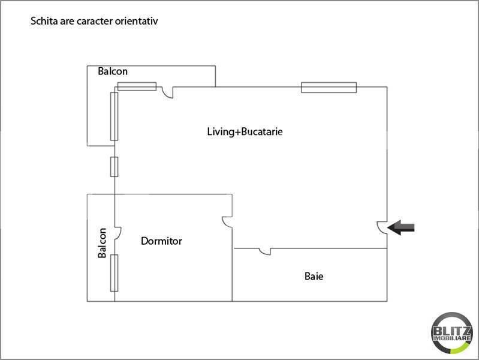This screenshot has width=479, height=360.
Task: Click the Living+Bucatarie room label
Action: (x=244, y=131)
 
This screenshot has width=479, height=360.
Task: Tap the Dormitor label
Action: (x=161, y=241)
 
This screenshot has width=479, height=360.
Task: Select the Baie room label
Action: (x=314, y=277)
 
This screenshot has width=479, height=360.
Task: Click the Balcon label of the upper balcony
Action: (x=113, y=71)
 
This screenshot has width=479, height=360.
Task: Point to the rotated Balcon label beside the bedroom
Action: (x=103, y=243)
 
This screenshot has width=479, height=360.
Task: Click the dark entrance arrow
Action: (x=401, y=227)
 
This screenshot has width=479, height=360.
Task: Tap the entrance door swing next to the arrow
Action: (x=382, y=227)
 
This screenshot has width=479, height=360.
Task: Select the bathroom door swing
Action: (x=264, y=251)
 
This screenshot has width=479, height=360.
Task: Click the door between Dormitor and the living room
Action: (x=227, y=221)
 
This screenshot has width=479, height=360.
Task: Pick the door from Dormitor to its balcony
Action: (x=118, y=232)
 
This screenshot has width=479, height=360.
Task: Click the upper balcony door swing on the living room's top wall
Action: (x=167, y=92)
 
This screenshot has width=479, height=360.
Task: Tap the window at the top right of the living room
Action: (x=329, y=88)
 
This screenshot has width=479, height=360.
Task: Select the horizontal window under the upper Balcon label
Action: (x=137, y=86)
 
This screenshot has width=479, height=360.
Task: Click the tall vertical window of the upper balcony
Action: (x=114, y=116)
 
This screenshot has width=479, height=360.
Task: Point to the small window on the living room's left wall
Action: (x=114, y=166)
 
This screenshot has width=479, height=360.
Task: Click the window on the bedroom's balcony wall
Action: (x=114, y=272)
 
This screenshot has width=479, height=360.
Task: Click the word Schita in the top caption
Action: (x=43, y=22)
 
